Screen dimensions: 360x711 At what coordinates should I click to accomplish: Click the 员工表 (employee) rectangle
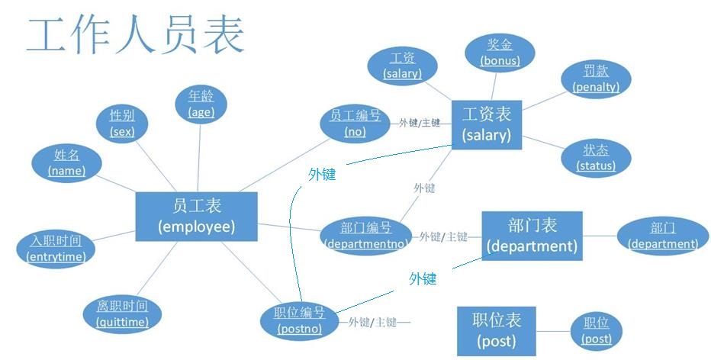click(x=196, y=216)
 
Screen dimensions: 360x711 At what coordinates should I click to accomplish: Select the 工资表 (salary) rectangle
click(x=486, y=125)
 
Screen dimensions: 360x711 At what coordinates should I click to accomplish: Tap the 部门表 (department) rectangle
click(x=532, y=236)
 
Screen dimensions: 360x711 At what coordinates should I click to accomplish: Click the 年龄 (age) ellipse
click(x=201, y=104)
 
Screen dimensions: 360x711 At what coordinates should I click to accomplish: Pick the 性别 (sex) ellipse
click(x=122, y=123)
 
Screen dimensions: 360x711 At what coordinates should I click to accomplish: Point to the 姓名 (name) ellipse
click(x=66, y=162)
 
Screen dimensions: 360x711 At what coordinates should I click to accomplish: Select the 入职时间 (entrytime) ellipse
click(x=56, y=249)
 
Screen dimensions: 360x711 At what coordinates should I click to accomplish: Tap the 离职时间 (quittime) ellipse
click(x=123, y=313)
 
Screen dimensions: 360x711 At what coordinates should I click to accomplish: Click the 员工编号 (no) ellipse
click(x=355, y=123)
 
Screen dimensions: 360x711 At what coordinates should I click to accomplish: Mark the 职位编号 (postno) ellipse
click(x=299, y=320)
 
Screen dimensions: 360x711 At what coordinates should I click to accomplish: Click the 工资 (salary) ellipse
click(x=403, y=66)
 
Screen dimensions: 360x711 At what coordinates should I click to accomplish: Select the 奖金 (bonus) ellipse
click(x=500, y=52)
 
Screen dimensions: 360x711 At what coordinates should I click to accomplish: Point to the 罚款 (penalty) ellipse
click(x=596, y=79)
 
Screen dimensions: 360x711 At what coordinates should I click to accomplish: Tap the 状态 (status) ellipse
click(x=596, y=158)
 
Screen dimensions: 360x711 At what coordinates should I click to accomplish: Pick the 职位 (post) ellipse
click(x=596, y=330)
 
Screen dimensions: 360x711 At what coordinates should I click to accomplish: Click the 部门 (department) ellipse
click(x=662, y=236)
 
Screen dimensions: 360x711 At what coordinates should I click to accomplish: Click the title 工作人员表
click(x=136, y=34)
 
